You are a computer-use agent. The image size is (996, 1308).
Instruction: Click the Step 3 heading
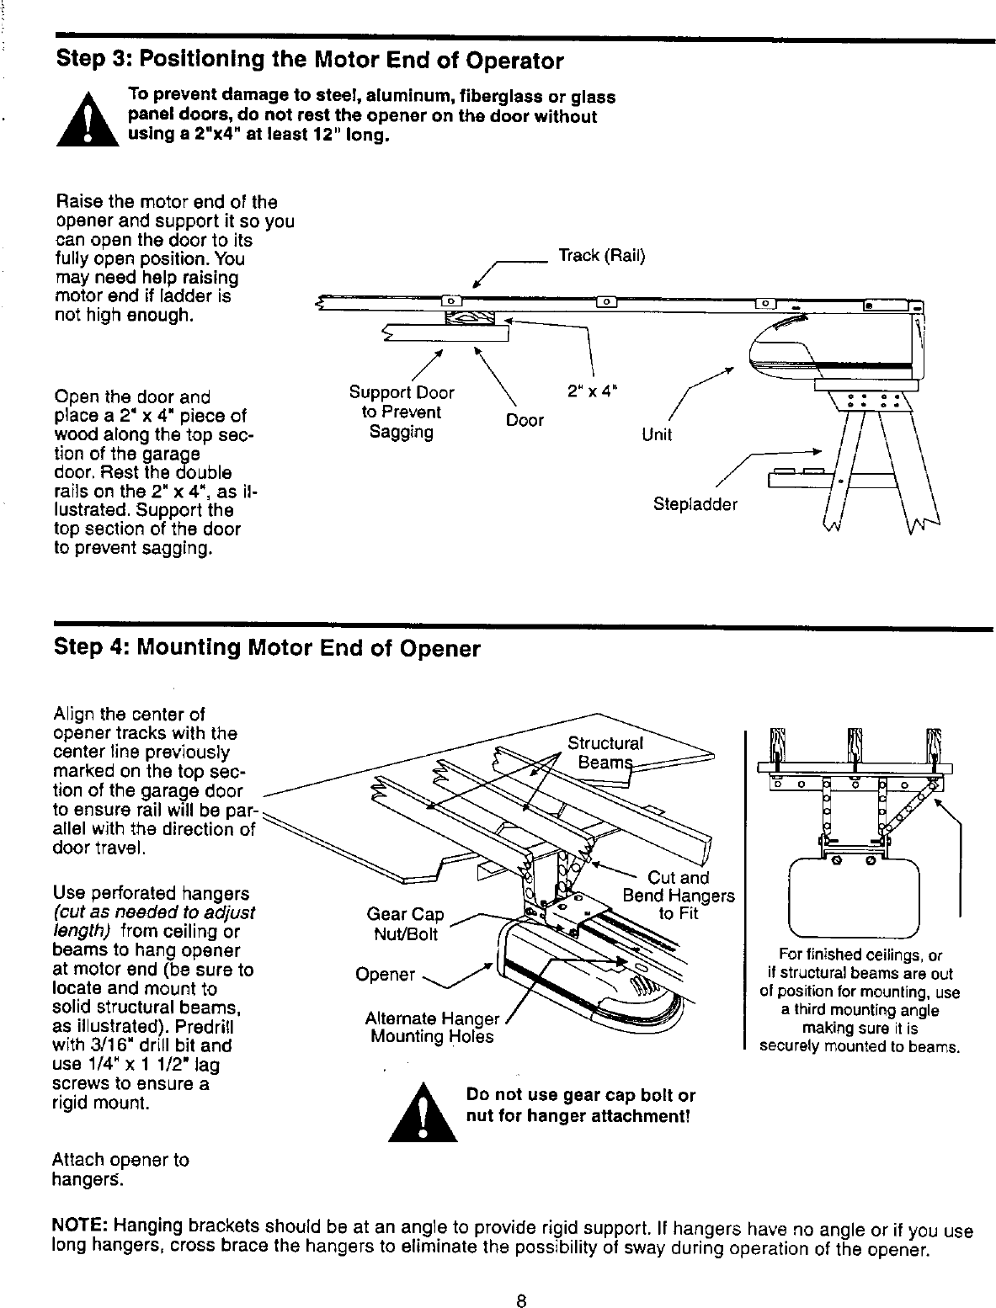point(309,61)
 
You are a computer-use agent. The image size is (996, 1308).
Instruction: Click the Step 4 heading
point(267,649)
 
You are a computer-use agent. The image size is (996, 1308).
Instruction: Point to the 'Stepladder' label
point(695,505)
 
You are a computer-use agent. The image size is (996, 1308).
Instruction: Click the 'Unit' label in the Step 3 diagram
point(657,434)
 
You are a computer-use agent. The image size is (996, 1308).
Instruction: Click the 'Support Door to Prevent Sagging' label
point(402,412)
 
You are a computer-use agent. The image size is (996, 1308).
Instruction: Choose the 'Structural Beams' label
point(605,752)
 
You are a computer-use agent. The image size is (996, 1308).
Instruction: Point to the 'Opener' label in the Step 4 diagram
point(386,975)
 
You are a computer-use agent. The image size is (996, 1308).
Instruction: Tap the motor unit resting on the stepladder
point(834,349)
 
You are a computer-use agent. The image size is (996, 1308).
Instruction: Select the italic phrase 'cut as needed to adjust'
point(154,912)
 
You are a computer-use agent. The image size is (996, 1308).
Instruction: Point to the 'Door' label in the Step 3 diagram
point(525,420)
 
